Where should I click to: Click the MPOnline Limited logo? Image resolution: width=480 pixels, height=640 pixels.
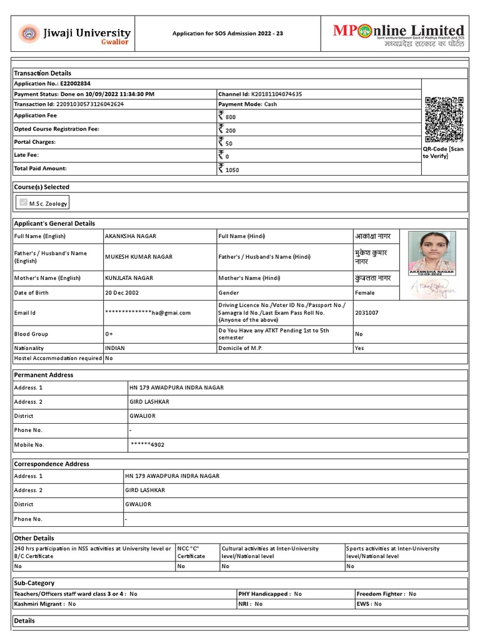pos(398,34)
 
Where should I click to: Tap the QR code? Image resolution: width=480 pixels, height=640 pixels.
pos(444,119)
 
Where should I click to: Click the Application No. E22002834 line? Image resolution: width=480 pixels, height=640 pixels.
pos(52,83)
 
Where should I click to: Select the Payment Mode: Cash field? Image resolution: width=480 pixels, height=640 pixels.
pos(247,104)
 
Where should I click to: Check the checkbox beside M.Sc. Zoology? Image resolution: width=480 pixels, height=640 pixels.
pos(24,202)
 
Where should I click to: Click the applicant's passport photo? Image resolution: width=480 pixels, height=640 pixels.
pos(432,253)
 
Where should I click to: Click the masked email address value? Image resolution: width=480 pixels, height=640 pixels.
pos(148,312)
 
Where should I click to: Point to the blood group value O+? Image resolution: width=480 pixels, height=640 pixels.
pos(109,334)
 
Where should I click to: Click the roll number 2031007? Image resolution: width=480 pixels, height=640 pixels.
pos(366,312)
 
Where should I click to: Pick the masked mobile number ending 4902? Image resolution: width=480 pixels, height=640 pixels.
pos(147,445)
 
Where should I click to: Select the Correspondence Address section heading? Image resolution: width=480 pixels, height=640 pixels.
pos(52,464)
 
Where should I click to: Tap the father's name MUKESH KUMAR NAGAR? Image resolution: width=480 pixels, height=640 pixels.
pos(139,257)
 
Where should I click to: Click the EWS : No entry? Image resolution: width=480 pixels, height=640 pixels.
pos(369,604)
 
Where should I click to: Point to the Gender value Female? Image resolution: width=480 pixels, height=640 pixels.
pos(365,292)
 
